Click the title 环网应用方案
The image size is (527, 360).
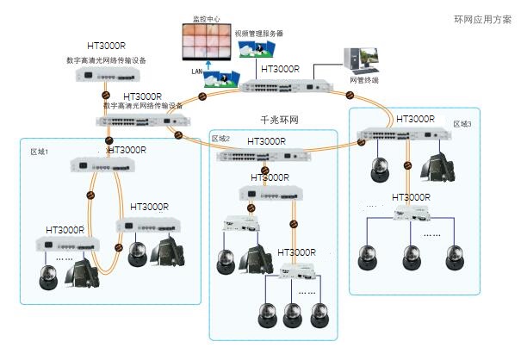(x=484, y=19)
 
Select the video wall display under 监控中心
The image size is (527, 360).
(x=204, y=40)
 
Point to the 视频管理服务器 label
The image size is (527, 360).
(x=259, y=34)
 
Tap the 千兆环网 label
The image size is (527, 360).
(x=277, y=119)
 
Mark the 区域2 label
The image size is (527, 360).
(x=221, y=138)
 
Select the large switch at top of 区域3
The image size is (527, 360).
(x=404, y=136)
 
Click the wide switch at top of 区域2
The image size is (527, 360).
(x=258, y=157)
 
